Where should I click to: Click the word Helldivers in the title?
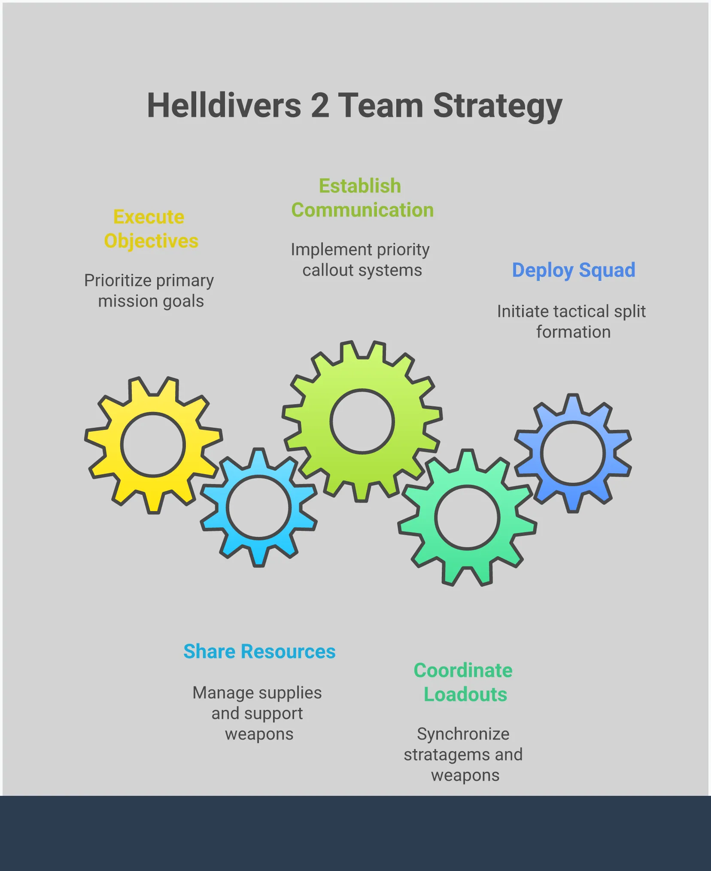224,106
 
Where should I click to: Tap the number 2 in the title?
320,106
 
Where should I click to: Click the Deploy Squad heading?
573,270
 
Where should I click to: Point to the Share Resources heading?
259,652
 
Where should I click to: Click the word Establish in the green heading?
360,186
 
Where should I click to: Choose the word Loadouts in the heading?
465,694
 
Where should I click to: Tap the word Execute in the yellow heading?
149,217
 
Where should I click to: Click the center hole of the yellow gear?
153,445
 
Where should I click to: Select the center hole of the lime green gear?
362,421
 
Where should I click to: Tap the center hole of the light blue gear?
258,507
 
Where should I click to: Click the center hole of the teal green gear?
467,518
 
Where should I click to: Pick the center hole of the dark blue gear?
573,454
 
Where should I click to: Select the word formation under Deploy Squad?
573,332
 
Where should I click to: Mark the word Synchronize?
463,734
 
